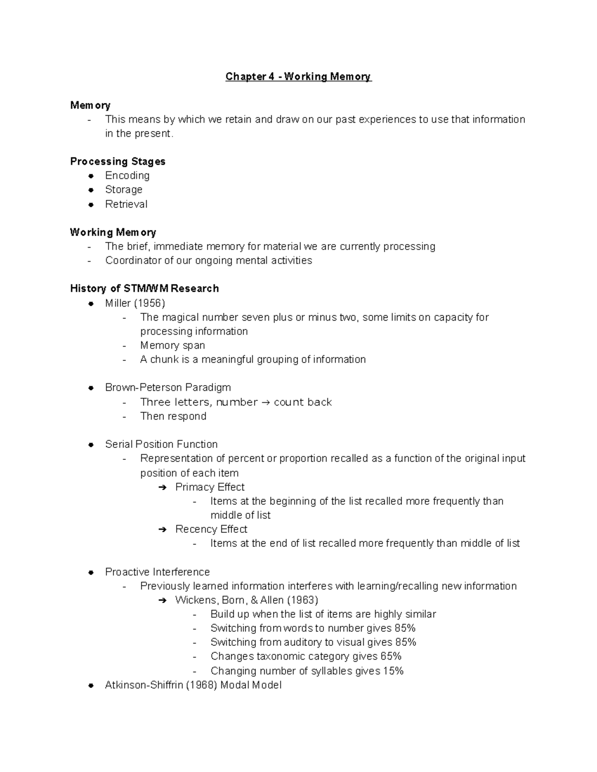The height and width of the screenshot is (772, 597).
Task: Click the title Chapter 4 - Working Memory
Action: [298, 77]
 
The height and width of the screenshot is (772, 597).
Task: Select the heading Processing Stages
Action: [117, 162]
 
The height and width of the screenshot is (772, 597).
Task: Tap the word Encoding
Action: [127, 175]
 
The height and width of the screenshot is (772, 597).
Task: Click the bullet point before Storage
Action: [91, 190]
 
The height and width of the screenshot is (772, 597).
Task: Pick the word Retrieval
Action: [126, 204]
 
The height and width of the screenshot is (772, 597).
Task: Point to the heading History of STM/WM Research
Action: [144, 289]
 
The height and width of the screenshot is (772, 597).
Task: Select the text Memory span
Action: [172, 345]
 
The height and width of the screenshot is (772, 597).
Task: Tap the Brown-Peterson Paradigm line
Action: [168, 387]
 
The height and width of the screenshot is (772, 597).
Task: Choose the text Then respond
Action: [173, 416]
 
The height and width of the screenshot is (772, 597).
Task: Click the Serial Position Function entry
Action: [161, 444]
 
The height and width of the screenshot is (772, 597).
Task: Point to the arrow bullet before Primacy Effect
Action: [162, 488]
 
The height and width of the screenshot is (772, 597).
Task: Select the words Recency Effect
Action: [211, 529]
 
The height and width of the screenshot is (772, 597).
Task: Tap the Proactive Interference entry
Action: [157, 572]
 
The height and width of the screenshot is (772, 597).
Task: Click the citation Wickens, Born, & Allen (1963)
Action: [246, 600]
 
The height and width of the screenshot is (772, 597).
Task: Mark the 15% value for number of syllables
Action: [393, 671]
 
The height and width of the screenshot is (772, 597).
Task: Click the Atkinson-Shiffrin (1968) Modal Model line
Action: [193, 685]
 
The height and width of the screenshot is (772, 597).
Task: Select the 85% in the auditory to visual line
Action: [405, 642]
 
